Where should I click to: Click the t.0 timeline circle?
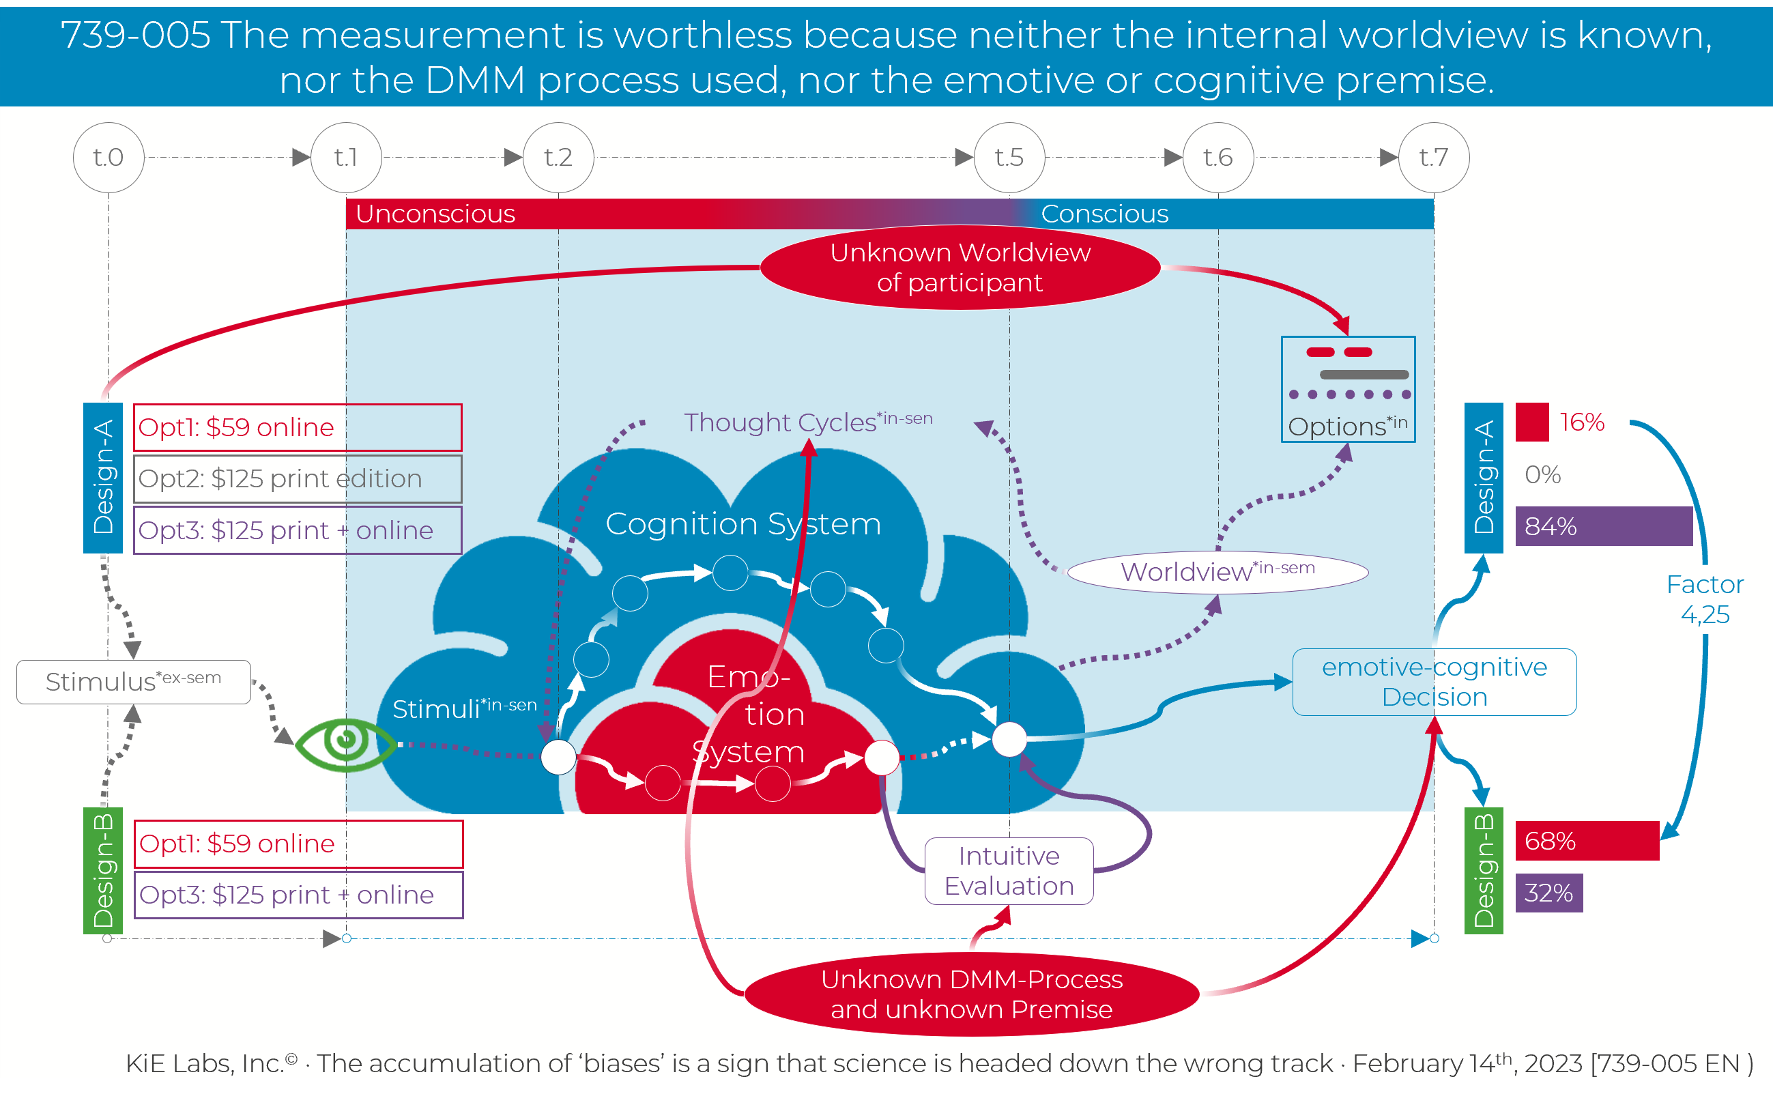109,158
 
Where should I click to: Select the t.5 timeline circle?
1009,158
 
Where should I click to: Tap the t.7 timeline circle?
1434,158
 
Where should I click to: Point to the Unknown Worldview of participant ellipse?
960,268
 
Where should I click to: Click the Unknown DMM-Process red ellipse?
972,994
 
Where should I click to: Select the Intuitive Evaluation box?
1009,871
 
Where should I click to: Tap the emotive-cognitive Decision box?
1434,682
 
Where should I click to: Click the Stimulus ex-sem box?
134,682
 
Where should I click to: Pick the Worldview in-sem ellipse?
1217,573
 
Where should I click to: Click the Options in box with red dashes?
1348,389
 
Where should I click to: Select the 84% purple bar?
1603,526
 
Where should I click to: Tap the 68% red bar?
1587,841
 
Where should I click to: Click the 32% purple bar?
1548,893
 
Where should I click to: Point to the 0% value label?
1542,474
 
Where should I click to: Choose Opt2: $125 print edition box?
298,479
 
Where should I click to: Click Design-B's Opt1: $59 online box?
298,844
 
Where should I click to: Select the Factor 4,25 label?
1705,599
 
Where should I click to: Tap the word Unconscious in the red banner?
435,214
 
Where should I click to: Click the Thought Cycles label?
808,422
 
